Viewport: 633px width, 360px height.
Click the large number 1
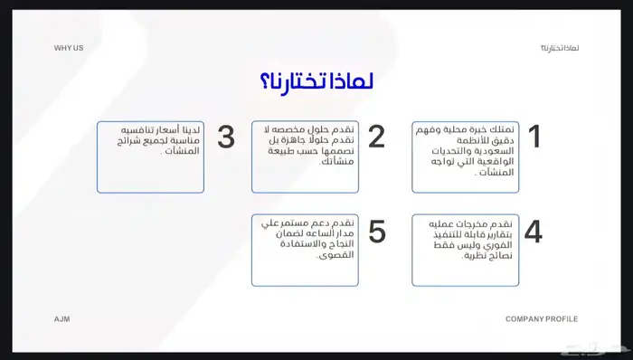(534, 137)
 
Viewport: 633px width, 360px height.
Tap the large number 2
(376, 137)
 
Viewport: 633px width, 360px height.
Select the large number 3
(226, 137)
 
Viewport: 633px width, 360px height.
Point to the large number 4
(534, 232)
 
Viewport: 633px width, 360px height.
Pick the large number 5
(376, 232)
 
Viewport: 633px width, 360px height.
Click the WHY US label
(68, 47)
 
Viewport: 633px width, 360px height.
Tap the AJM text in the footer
(61, 319)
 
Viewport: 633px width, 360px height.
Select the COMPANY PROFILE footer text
(541, 319)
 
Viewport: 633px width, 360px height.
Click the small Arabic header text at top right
(559, 47)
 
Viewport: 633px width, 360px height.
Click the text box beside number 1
(465, 156)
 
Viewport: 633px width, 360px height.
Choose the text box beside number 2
(305, 156)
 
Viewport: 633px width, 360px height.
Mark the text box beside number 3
(150, 156)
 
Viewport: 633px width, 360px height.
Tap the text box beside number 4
(465, 251)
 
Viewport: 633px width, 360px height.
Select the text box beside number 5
(305, 251)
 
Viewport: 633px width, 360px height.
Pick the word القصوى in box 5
(335, 256)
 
